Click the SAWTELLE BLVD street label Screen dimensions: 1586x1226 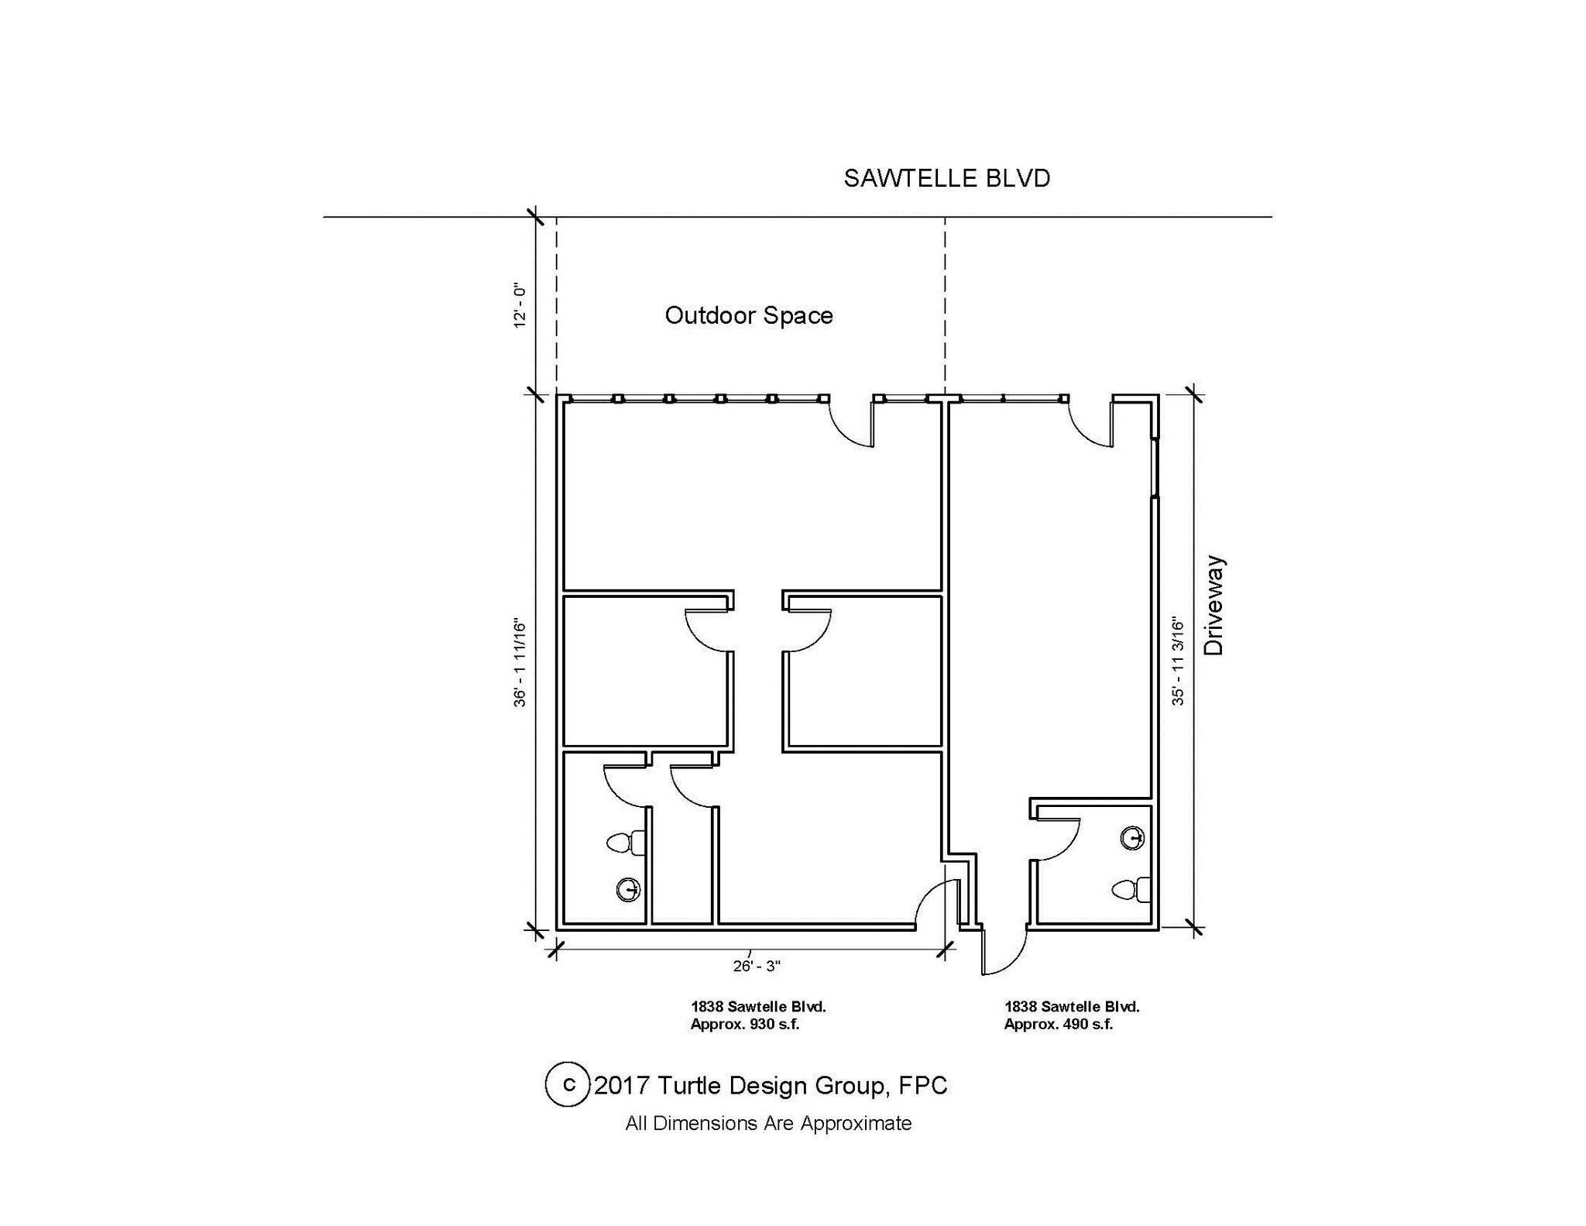tap(946, 178)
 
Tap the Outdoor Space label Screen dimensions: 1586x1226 tap(749, 315)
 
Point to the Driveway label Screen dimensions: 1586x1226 tap(1214, 606)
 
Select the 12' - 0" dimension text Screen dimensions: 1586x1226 tap(520, 305)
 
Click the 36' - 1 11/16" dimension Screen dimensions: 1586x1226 tap(520, 663)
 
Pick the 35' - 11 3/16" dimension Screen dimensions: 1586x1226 tap(1178, 661)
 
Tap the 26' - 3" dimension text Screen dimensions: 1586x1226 tap(757, 966)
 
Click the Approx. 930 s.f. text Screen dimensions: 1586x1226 tap(745, 1025)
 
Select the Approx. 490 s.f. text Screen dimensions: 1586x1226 tap(1059, 1025)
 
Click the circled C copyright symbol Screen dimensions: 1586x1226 tap(568, 1084)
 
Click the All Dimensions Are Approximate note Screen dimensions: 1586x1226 tap(768, 1123)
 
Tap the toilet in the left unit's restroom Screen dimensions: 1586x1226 tap(627, 843)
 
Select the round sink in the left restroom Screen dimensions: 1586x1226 tap(629, 890)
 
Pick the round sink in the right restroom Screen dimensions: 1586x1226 tap(1133, 838)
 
